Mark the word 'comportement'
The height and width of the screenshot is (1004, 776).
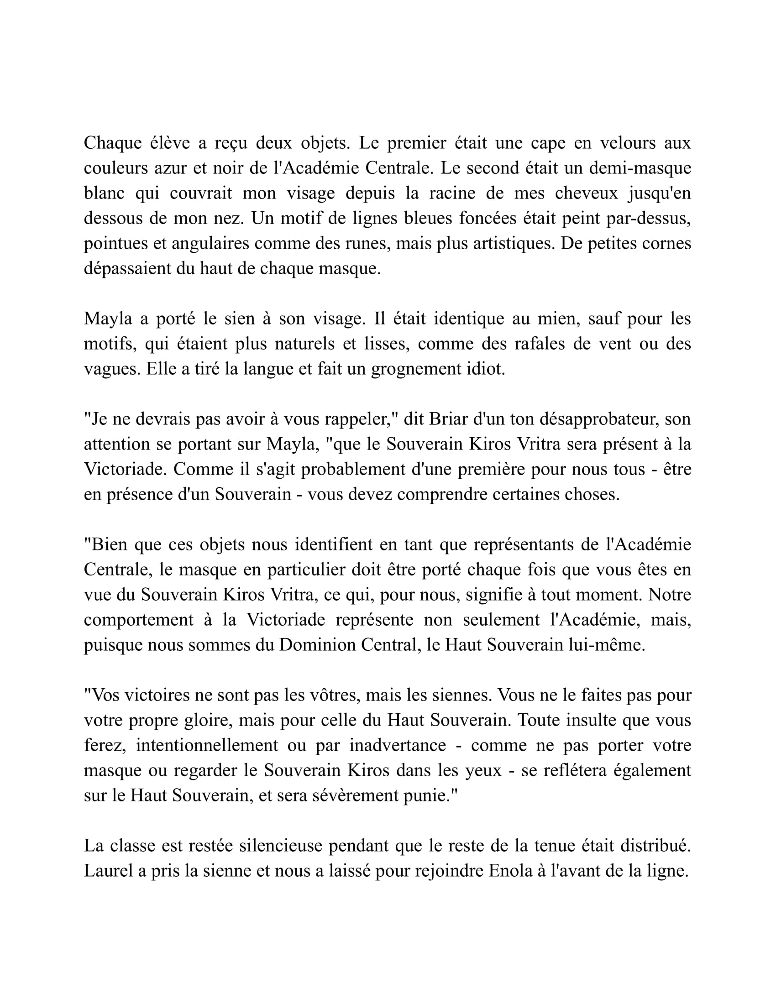coord(138,620)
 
